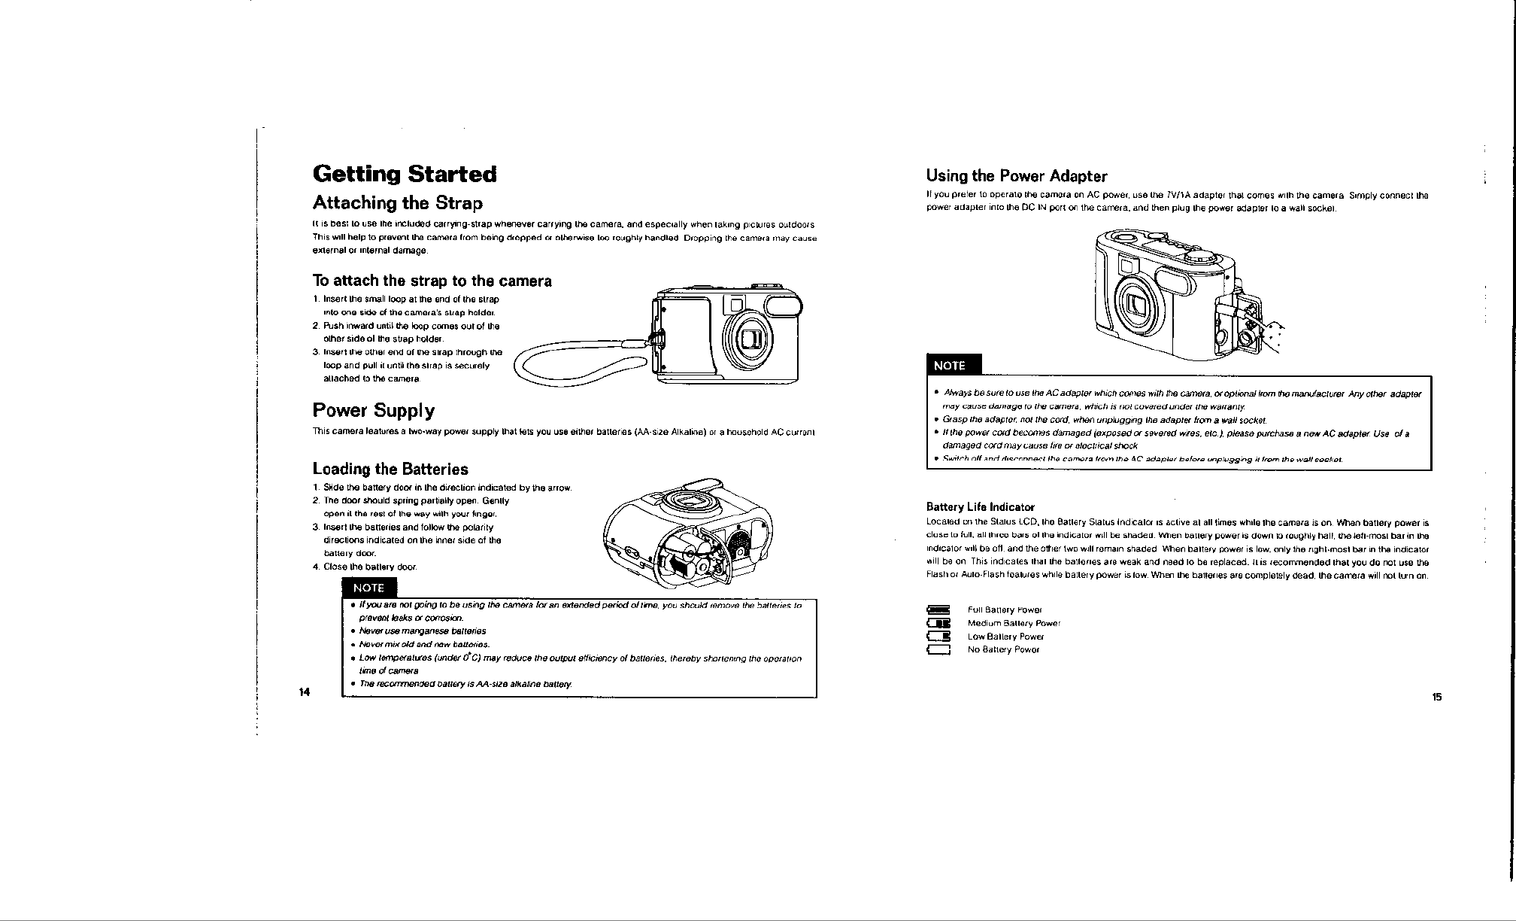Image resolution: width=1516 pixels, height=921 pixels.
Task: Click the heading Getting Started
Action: tap(405, 175)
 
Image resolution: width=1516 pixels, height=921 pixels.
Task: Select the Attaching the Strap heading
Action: tap(397, 203)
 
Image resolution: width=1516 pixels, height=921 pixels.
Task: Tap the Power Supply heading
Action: tap(373, 411)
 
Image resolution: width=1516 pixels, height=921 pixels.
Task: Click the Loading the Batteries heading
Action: tap(390, 470)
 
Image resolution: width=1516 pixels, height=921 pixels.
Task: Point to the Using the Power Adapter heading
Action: tap(1017, 177)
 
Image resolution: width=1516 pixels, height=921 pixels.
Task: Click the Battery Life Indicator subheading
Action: tap(981, 507)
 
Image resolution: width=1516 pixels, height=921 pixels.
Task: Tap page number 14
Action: tap(304, 692)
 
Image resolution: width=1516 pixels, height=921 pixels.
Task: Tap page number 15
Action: tap(1436, 697)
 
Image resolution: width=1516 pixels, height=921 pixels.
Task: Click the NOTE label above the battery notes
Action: tap(368, 588)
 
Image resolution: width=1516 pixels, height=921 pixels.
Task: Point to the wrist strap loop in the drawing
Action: tap(579, 367)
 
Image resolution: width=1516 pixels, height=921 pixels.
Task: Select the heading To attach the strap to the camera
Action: tap(432, 281)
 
